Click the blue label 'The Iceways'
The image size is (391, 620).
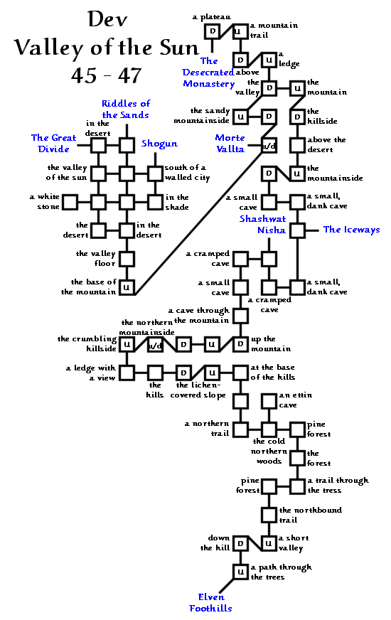click(351, 230)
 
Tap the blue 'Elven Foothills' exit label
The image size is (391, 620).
click(210, 603)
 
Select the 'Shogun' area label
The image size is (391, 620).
click(159, 144)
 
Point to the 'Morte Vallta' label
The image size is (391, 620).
click(230, 143)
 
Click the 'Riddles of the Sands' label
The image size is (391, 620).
click(126, 109)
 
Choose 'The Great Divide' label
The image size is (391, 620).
click(53, 143)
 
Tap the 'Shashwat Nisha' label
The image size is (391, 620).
click(262, 224)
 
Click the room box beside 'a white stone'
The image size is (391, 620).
click(70, 202)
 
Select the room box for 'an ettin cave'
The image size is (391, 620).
click(269, 401)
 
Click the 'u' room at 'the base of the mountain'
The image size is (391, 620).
click(127, 287)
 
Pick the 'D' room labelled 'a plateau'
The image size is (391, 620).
click(213, 31)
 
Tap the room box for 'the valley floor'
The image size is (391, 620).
click(127, 259)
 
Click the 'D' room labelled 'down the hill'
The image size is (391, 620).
click(240, 544)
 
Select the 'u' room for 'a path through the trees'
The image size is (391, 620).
click(240, 572)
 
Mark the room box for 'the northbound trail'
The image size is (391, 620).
click(269, 515)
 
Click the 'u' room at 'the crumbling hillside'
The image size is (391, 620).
click(127, 344)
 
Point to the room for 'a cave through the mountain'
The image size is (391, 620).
click(240, 316)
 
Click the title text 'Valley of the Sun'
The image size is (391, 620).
click(107, 48)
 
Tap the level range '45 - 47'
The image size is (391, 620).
click(107, 75)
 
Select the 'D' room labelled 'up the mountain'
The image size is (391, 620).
click(240, 344)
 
